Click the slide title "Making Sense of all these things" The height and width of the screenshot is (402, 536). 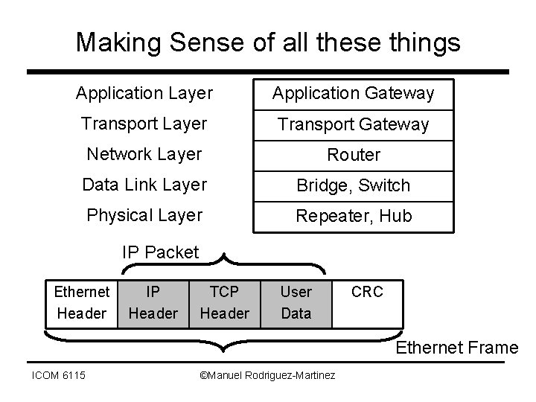pyautogui.click(x=268, y=42)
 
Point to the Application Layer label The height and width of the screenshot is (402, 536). pyautogui.click(x=144, y=94)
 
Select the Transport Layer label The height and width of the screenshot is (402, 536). pyautogui.click(x=144, y=124)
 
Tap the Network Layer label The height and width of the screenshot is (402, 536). pyautogui.click(x=144, y=154)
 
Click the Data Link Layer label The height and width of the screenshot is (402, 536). pyautogui.click(x=144, y=185)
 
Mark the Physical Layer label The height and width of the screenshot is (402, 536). pyautogui.click(x=144, y=215)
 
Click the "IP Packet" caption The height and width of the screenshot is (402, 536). pyautogui.click(x=161, y=252)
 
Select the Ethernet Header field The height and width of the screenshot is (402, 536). pyautogui.click(x=82, y=302)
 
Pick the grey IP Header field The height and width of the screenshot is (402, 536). pyautogui.click(x=153, y=302)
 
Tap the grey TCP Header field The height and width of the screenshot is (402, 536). pyautogui.click(x=224, y=302)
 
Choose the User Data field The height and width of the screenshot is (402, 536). pyautogui.click(x=296, y=302)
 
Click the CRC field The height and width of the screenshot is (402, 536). pyautogui.click(x=367, y=292)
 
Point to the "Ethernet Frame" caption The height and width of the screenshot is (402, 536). pyautogui.click(x=456, y=347)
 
